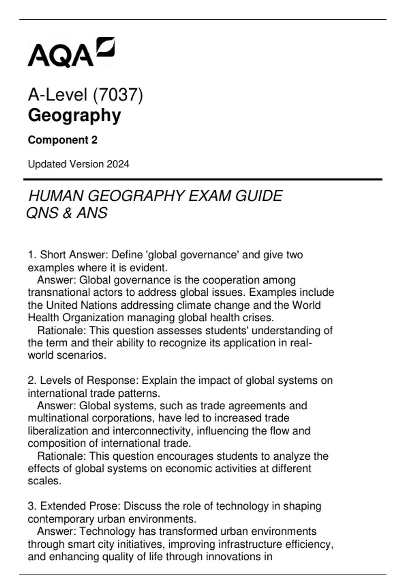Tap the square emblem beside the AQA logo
(x=106, y=46)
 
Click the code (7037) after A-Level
(x=118, y=95)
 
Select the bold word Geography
(x=74, y=115)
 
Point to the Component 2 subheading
(x=63, y=140)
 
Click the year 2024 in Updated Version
(x=118, y=164)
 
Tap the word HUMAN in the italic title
(x=55, y=196)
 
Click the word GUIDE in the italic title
(x=259, y=196)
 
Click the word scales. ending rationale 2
(x=45, y=481)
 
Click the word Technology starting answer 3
(x=107, y=531)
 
